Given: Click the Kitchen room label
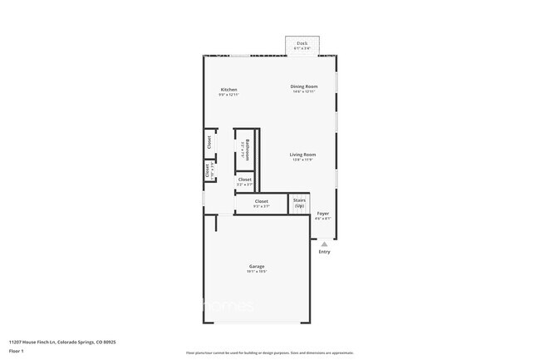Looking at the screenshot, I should tap(228, 90).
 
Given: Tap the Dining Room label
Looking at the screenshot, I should tap(303, 86).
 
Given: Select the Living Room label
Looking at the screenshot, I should tap(302, 155).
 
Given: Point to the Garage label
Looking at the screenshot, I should tap(257, 266).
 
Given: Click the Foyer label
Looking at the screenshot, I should tap(323, 214).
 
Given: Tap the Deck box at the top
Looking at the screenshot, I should tap(302, 45).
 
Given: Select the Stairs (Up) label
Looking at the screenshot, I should tap(299, 203).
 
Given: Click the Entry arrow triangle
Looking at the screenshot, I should tap(324, 244).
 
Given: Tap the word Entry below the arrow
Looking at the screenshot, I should tap(324, 252).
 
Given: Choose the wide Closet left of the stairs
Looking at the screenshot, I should tap(261, 204).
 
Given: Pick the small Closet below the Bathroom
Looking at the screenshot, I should tap(244, 181).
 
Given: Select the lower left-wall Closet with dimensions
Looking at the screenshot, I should tap(209, 170).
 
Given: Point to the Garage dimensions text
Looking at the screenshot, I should tap(257, 272).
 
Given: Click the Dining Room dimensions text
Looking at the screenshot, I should tap(303, 91).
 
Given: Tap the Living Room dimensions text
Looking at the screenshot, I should tap(302, 160).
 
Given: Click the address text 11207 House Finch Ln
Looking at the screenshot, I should tap(62, 342).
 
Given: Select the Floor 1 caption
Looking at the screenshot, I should tap(17, 351).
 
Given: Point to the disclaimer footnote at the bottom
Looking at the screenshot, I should tap(270, 353).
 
